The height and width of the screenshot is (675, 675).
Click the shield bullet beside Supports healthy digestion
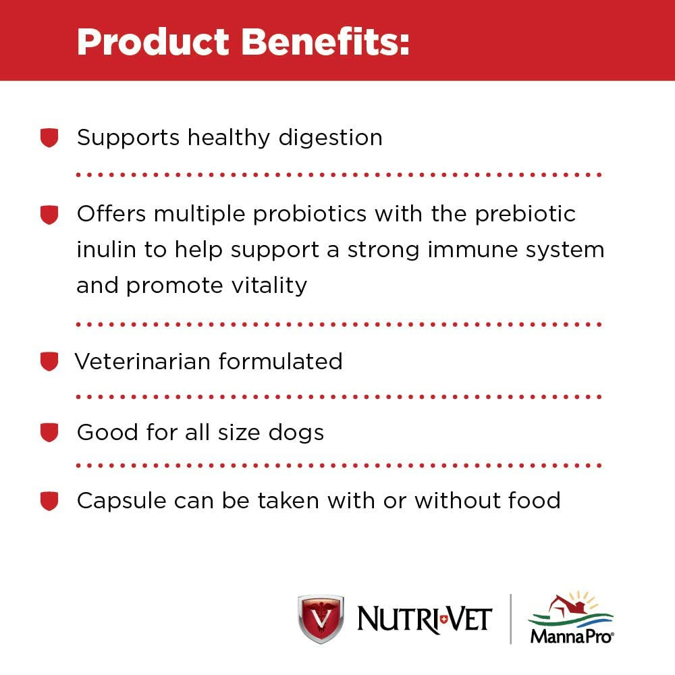tap(49, 138)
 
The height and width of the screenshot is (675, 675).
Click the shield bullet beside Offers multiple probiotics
tap(49, 215)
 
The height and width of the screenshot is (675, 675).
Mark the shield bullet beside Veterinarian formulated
tap(49, 362)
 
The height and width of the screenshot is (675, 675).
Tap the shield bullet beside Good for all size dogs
tap(49, 433)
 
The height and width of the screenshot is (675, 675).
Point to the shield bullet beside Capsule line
tap(49, 502)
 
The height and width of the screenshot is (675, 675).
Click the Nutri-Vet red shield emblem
tap(321, 618)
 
